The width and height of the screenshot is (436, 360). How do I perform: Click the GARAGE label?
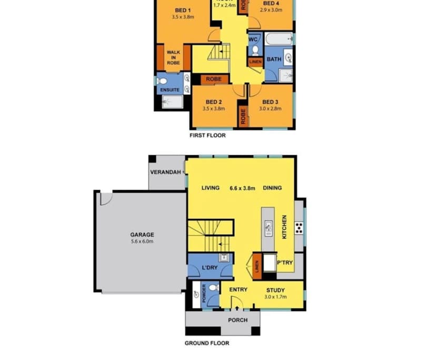142,235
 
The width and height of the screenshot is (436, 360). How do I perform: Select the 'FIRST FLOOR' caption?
207,135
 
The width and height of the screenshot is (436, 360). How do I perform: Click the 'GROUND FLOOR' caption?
206,343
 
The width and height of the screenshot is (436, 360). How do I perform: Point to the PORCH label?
237,320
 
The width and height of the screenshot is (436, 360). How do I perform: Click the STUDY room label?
275,290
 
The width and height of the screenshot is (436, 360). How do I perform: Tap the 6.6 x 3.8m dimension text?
242,188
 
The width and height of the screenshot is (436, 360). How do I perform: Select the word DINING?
272,188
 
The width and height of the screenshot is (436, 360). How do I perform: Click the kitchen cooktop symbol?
299,228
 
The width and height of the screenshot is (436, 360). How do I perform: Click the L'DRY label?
210,268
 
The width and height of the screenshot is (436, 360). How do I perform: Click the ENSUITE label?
170,90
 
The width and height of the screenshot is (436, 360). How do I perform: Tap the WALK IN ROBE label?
173,57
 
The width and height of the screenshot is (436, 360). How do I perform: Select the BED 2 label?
213,102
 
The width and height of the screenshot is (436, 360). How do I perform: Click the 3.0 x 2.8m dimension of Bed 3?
270,109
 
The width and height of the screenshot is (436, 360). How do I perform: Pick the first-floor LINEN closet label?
255,62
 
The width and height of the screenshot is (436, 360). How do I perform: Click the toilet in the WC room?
255,50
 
